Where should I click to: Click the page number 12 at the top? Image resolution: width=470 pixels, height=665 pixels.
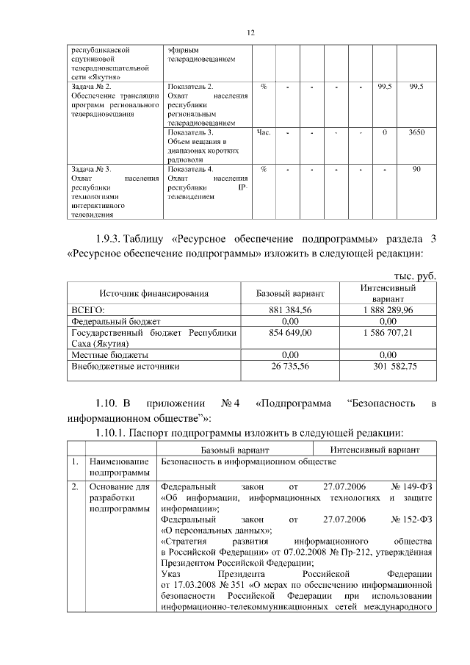coord(250,33)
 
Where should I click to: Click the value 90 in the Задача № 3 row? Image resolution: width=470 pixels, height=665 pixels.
coord(416,170)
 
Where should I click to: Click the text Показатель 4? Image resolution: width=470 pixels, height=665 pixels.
coord(190,170)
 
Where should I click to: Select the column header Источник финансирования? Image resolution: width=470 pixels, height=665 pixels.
coord(153,294)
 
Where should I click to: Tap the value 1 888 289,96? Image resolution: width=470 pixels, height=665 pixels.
coord(387,311)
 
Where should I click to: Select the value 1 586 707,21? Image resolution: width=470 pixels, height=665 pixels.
coord(387,333)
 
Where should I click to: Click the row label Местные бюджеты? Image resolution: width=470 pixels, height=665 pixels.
coord(109,354)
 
